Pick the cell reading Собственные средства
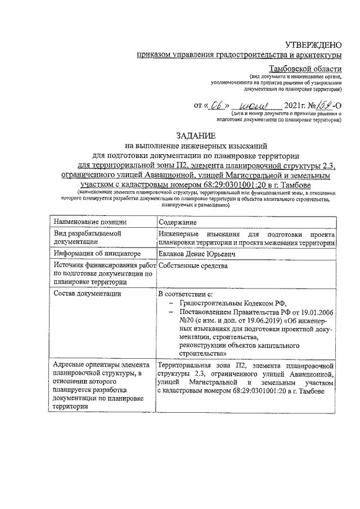point(193,266)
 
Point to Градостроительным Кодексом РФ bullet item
point(223,304)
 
